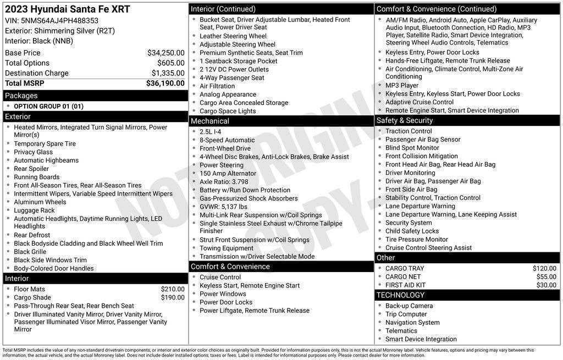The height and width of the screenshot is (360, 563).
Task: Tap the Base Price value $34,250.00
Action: click(165, 53)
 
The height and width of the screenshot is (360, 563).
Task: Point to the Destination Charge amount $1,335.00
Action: click(168, 73)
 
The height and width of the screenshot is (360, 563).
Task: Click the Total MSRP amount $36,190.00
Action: click(165, 84)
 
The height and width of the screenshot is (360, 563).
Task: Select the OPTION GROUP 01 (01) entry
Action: click(48, 106)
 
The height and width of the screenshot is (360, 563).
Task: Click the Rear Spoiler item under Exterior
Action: click(31, 169)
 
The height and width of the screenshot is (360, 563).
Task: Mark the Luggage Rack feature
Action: click(34, 211)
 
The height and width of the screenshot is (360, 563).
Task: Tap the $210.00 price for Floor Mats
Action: click(173, 289)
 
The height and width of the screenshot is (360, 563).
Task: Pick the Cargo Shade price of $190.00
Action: click(173, 297)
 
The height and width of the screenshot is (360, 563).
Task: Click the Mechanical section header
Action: click(209, 121)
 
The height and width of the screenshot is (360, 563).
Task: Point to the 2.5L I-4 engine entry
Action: click(210, 132)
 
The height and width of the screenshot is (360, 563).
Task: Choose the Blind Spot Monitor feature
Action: click(412, 148)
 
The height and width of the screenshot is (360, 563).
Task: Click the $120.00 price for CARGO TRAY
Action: click(544, 269)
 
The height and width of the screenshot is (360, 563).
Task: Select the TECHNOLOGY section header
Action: click(400, 295)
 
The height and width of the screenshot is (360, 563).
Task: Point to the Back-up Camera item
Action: click(409, 306)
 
